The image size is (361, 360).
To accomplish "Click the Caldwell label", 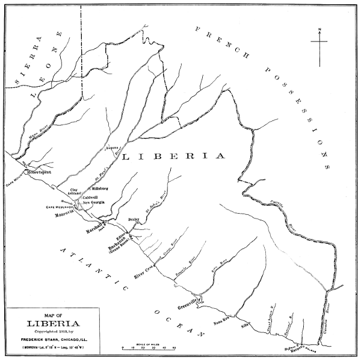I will tap(90, 197).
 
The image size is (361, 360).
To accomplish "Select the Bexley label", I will tap(134, 222).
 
